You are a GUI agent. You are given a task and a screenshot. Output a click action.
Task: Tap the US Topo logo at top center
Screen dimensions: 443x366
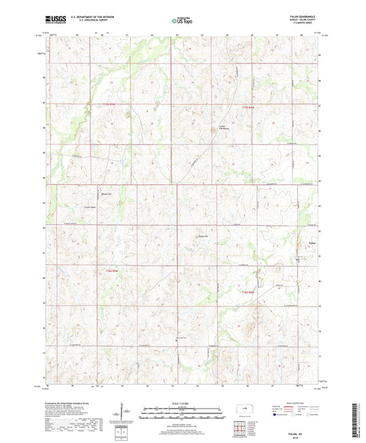pyautogui.click(x=182, y=21)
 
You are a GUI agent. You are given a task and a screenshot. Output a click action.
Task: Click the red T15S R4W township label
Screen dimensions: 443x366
pyautogui.click(x=103, y=102)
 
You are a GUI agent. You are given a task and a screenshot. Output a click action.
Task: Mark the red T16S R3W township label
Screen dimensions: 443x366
pyautogui.click(x=248, y=294)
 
